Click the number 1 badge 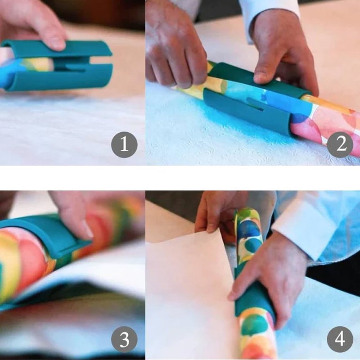[x=124, y=144]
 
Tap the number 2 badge [x=340, y=144]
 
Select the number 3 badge [x=124, y=339]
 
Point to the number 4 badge [x=340, y=339]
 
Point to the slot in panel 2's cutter [x=256, y=108]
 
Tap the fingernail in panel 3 [x=88, y=230]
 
